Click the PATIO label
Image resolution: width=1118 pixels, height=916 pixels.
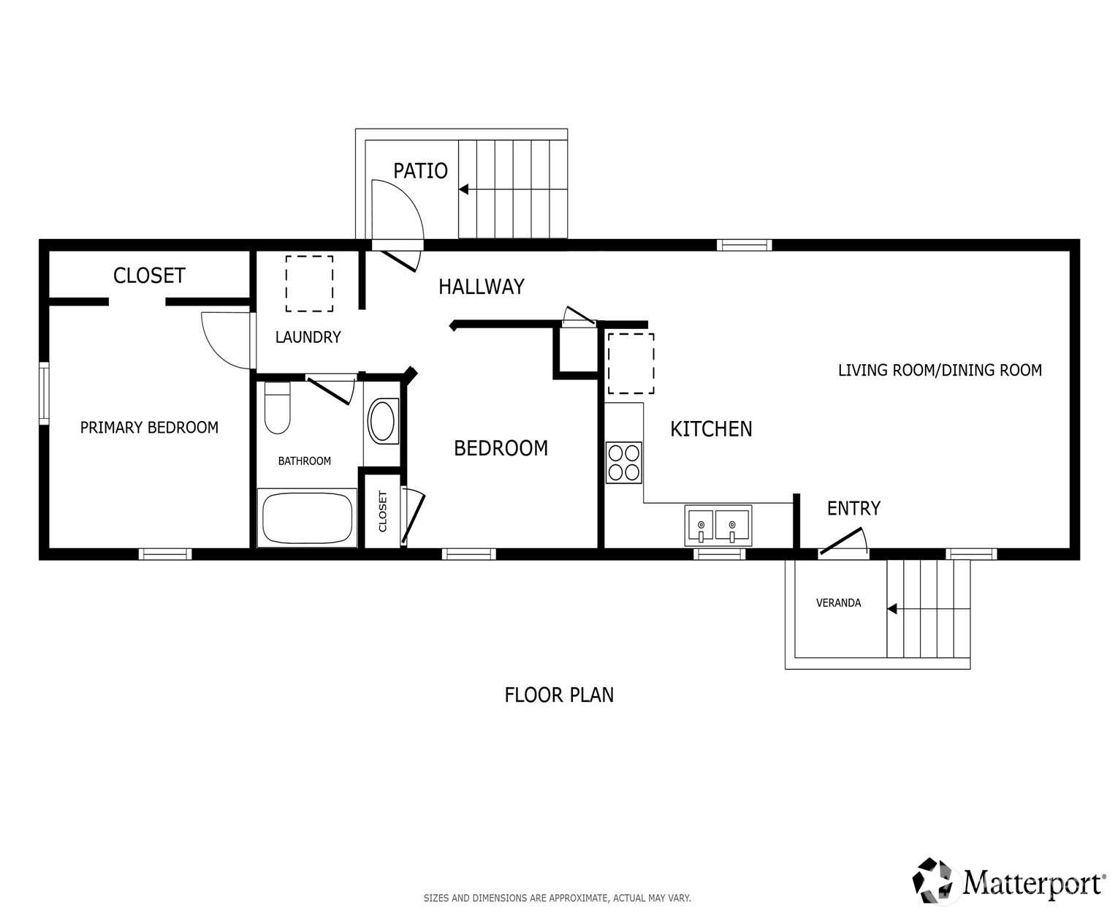(x=420, y=171)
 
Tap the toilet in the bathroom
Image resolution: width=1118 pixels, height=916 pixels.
(x=277, y=406)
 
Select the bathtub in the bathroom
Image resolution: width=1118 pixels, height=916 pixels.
(x=307, y=518)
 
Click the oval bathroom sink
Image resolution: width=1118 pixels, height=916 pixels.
(x=381, y=421)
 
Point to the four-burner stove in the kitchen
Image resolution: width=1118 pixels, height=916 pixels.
(x=624, y=463)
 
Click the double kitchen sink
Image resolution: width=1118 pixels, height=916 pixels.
(x=718, y=525)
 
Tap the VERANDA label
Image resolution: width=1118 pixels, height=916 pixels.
(x=838, y=603)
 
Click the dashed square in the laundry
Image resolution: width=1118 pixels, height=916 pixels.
(x=310, y=283)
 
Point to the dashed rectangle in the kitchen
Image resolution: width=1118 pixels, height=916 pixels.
(x=631, y=363)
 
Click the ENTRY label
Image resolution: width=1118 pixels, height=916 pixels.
(x=853, y=509)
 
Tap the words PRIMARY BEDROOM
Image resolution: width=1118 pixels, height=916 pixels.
(x=149, y=428)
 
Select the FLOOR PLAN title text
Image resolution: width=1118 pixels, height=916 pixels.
(x=559, y=694)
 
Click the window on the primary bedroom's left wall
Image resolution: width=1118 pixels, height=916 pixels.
(x=45, y=393)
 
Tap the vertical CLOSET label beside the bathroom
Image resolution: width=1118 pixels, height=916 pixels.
(x=382, y=511)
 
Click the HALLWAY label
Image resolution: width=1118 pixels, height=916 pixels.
(x=482, y=287)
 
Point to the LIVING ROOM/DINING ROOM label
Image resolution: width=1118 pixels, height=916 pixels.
(x=940, y=370)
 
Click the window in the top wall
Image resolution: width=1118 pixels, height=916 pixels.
(x=745, y=245)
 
